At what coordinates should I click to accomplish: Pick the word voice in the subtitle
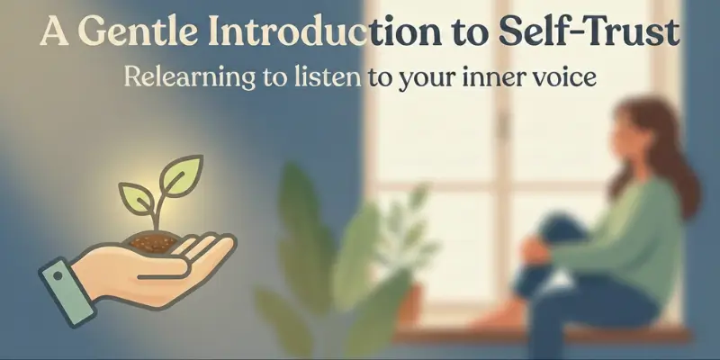point(561,78)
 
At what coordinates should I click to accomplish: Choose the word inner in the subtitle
point(493,78)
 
